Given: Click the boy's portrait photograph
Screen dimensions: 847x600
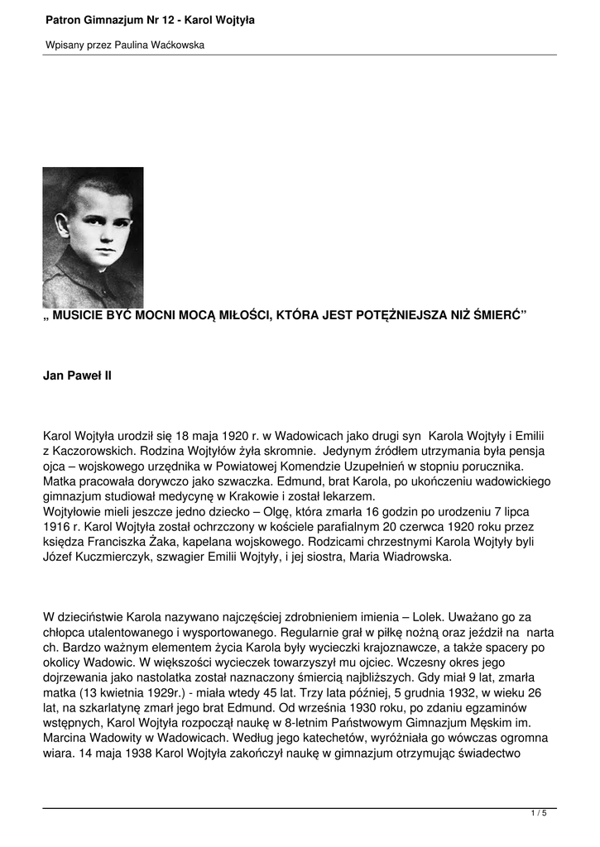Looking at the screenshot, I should click(x=93, y=237).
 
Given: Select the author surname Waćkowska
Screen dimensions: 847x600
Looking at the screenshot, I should click(x=176, y=45).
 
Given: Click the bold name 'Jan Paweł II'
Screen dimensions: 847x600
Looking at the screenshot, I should click(x=77, y=376).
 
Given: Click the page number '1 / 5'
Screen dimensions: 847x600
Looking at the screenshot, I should click(x=538, y=814).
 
